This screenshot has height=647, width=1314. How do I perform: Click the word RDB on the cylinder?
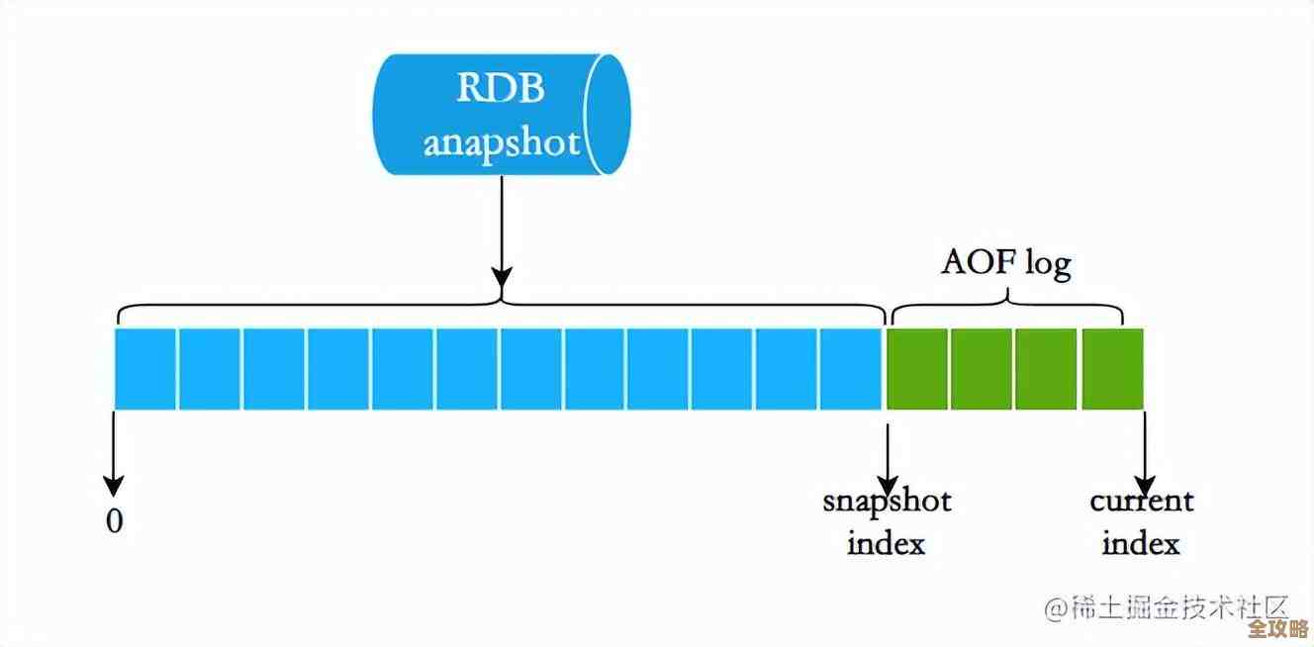500,88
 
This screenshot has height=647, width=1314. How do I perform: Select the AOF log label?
1005,263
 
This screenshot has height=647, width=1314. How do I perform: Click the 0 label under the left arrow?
115,521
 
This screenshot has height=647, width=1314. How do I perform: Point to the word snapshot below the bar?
887,501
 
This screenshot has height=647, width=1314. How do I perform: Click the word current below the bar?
1142,501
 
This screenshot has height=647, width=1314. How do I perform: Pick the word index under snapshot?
886,543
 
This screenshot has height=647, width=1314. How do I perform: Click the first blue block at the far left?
145,368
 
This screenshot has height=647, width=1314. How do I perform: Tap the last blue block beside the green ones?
850,368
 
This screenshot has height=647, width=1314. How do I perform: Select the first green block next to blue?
917,368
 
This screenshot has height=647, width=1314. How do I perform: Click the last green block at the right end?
1112,368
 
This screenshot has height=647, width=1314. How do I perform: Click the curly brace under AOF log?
1007,309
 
